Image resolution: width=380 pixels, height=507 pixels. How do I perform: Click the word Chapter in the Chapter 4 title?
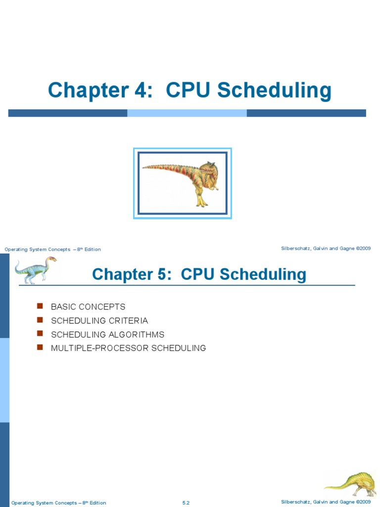(x=87, y=91)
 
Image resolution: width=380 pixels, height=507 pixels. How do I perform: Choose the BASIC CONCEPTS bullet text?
(x=88, y=307)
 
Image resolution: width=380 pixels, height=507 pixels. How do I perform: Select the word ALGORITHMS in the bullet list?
(x=138, y=334)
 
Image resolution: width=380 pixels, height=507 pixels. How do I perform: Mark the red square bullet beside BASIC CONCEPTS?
(x=41, y=306)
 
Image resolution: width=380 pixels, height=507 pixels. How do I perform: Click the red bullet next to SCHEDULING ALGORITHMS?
(x=41, y=334)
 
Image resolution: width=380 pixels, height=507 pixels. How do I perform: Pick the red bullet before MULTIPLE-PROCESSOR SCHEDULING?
(x=41, y=347)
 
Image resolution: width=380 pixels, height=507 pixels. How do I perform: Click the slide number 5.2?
(x=186, y=503)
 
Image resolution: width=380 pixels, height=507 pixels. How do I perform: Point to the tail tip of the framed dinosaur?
(x=144, y=167)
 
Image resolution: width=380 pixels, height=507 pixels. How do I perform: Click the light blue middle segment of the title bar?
(x=187, y=113)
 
